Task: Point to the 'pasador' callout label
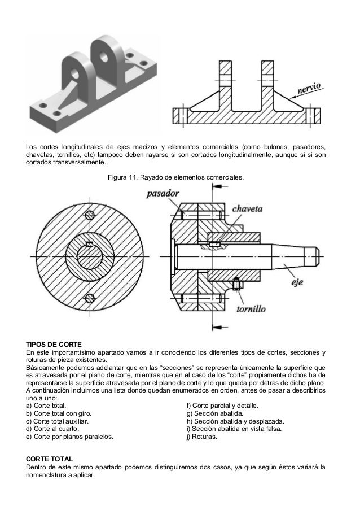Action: point(163,194)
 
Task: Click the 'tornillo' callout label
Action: point(251,309)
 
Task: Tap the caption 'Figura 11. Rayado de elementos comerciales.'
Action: point(175,178)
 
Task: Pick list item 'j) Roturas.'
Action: point(201,437)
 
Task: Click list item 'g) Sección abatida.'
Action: point(215,413)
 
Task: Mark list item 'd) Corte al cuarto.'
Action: point(52,429)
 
